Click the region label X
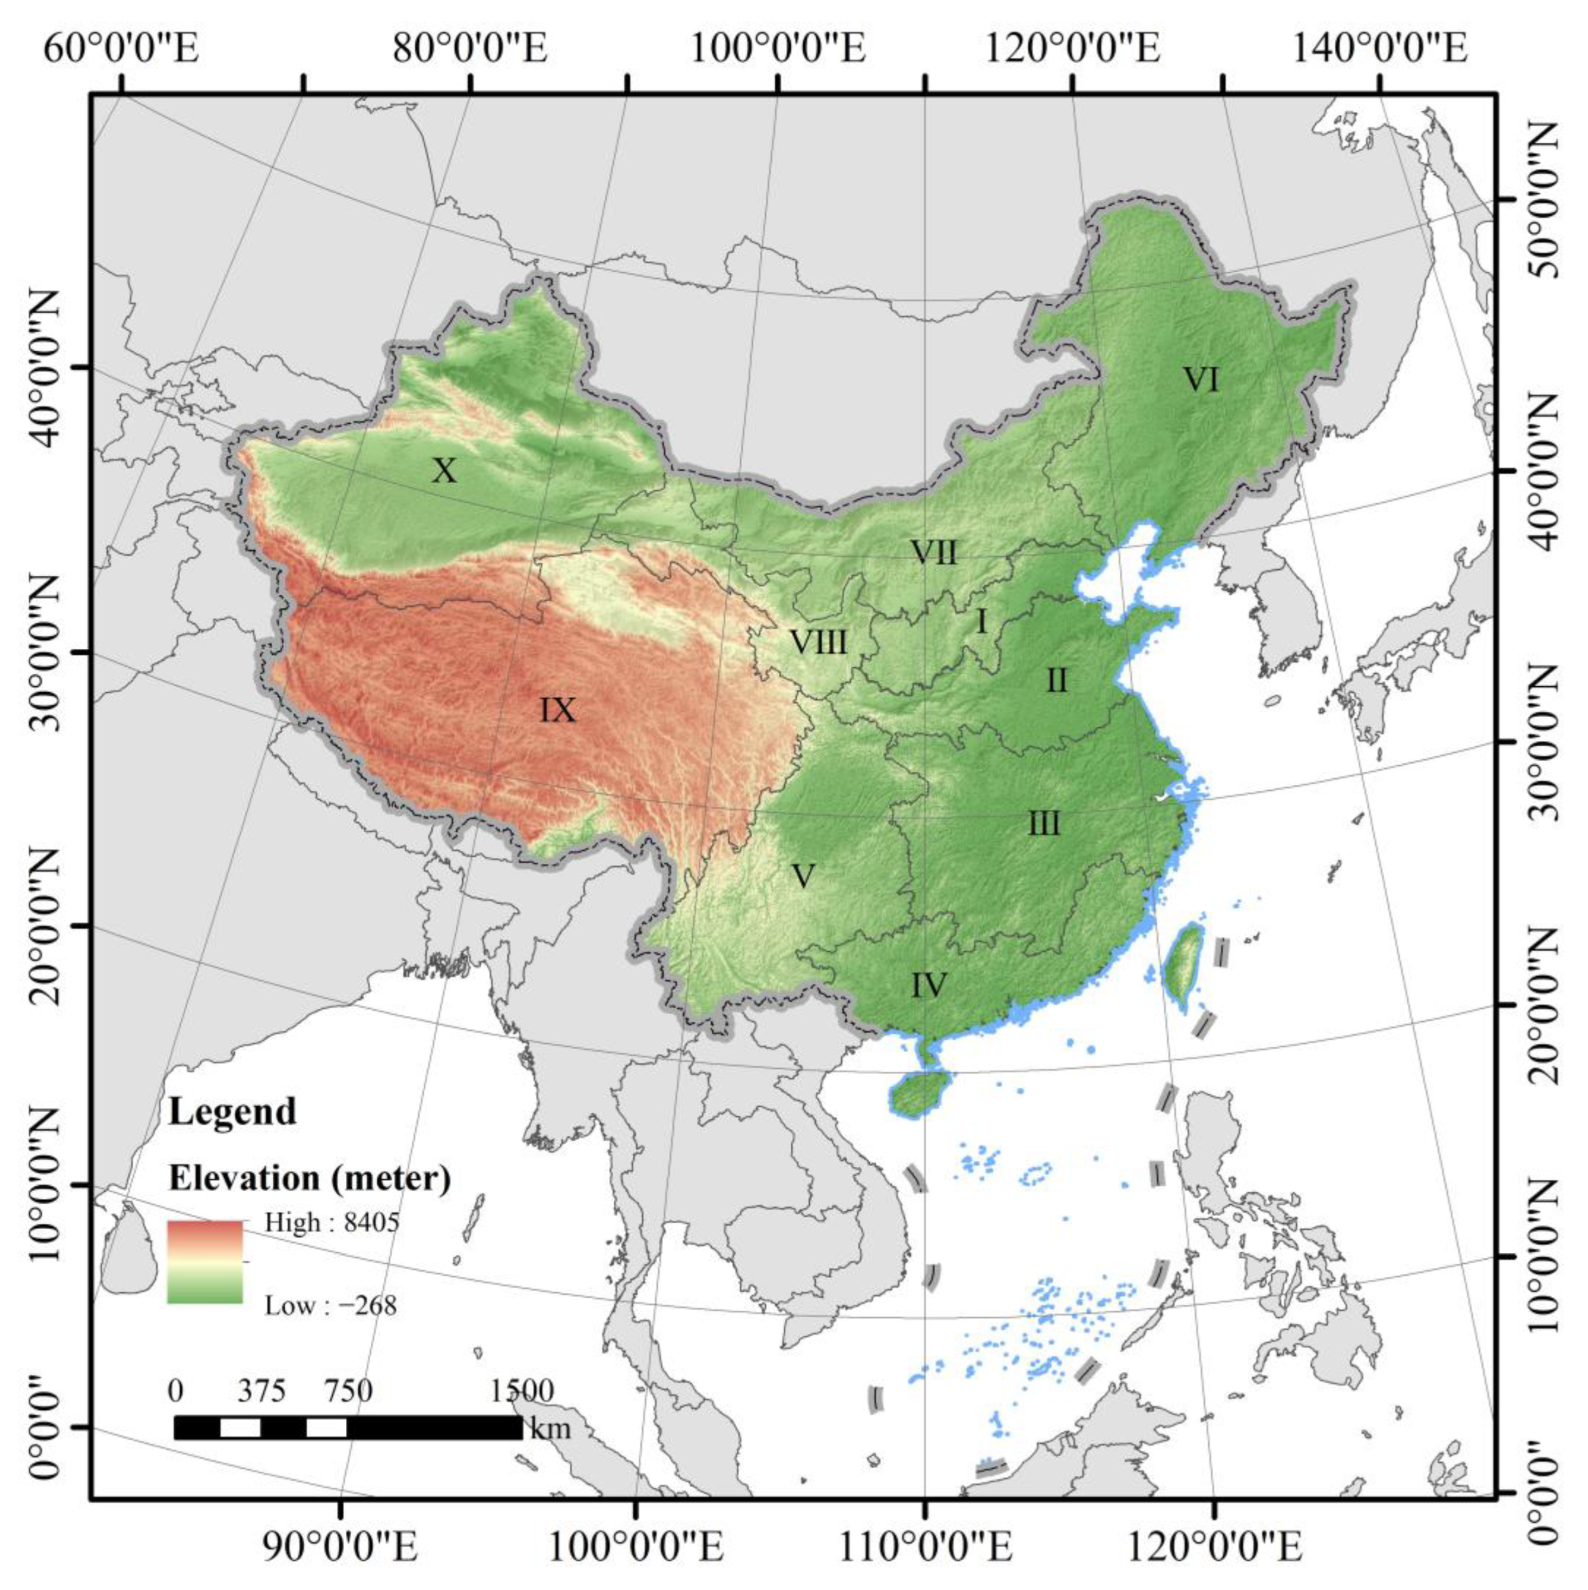coord(444,471)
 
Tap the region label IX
coord(557,710)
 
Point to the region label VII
coord(934,552)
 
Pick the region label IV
coord(929,985)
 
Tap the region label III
coord(1044,824)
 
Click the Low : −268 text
coord(330,1305)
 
